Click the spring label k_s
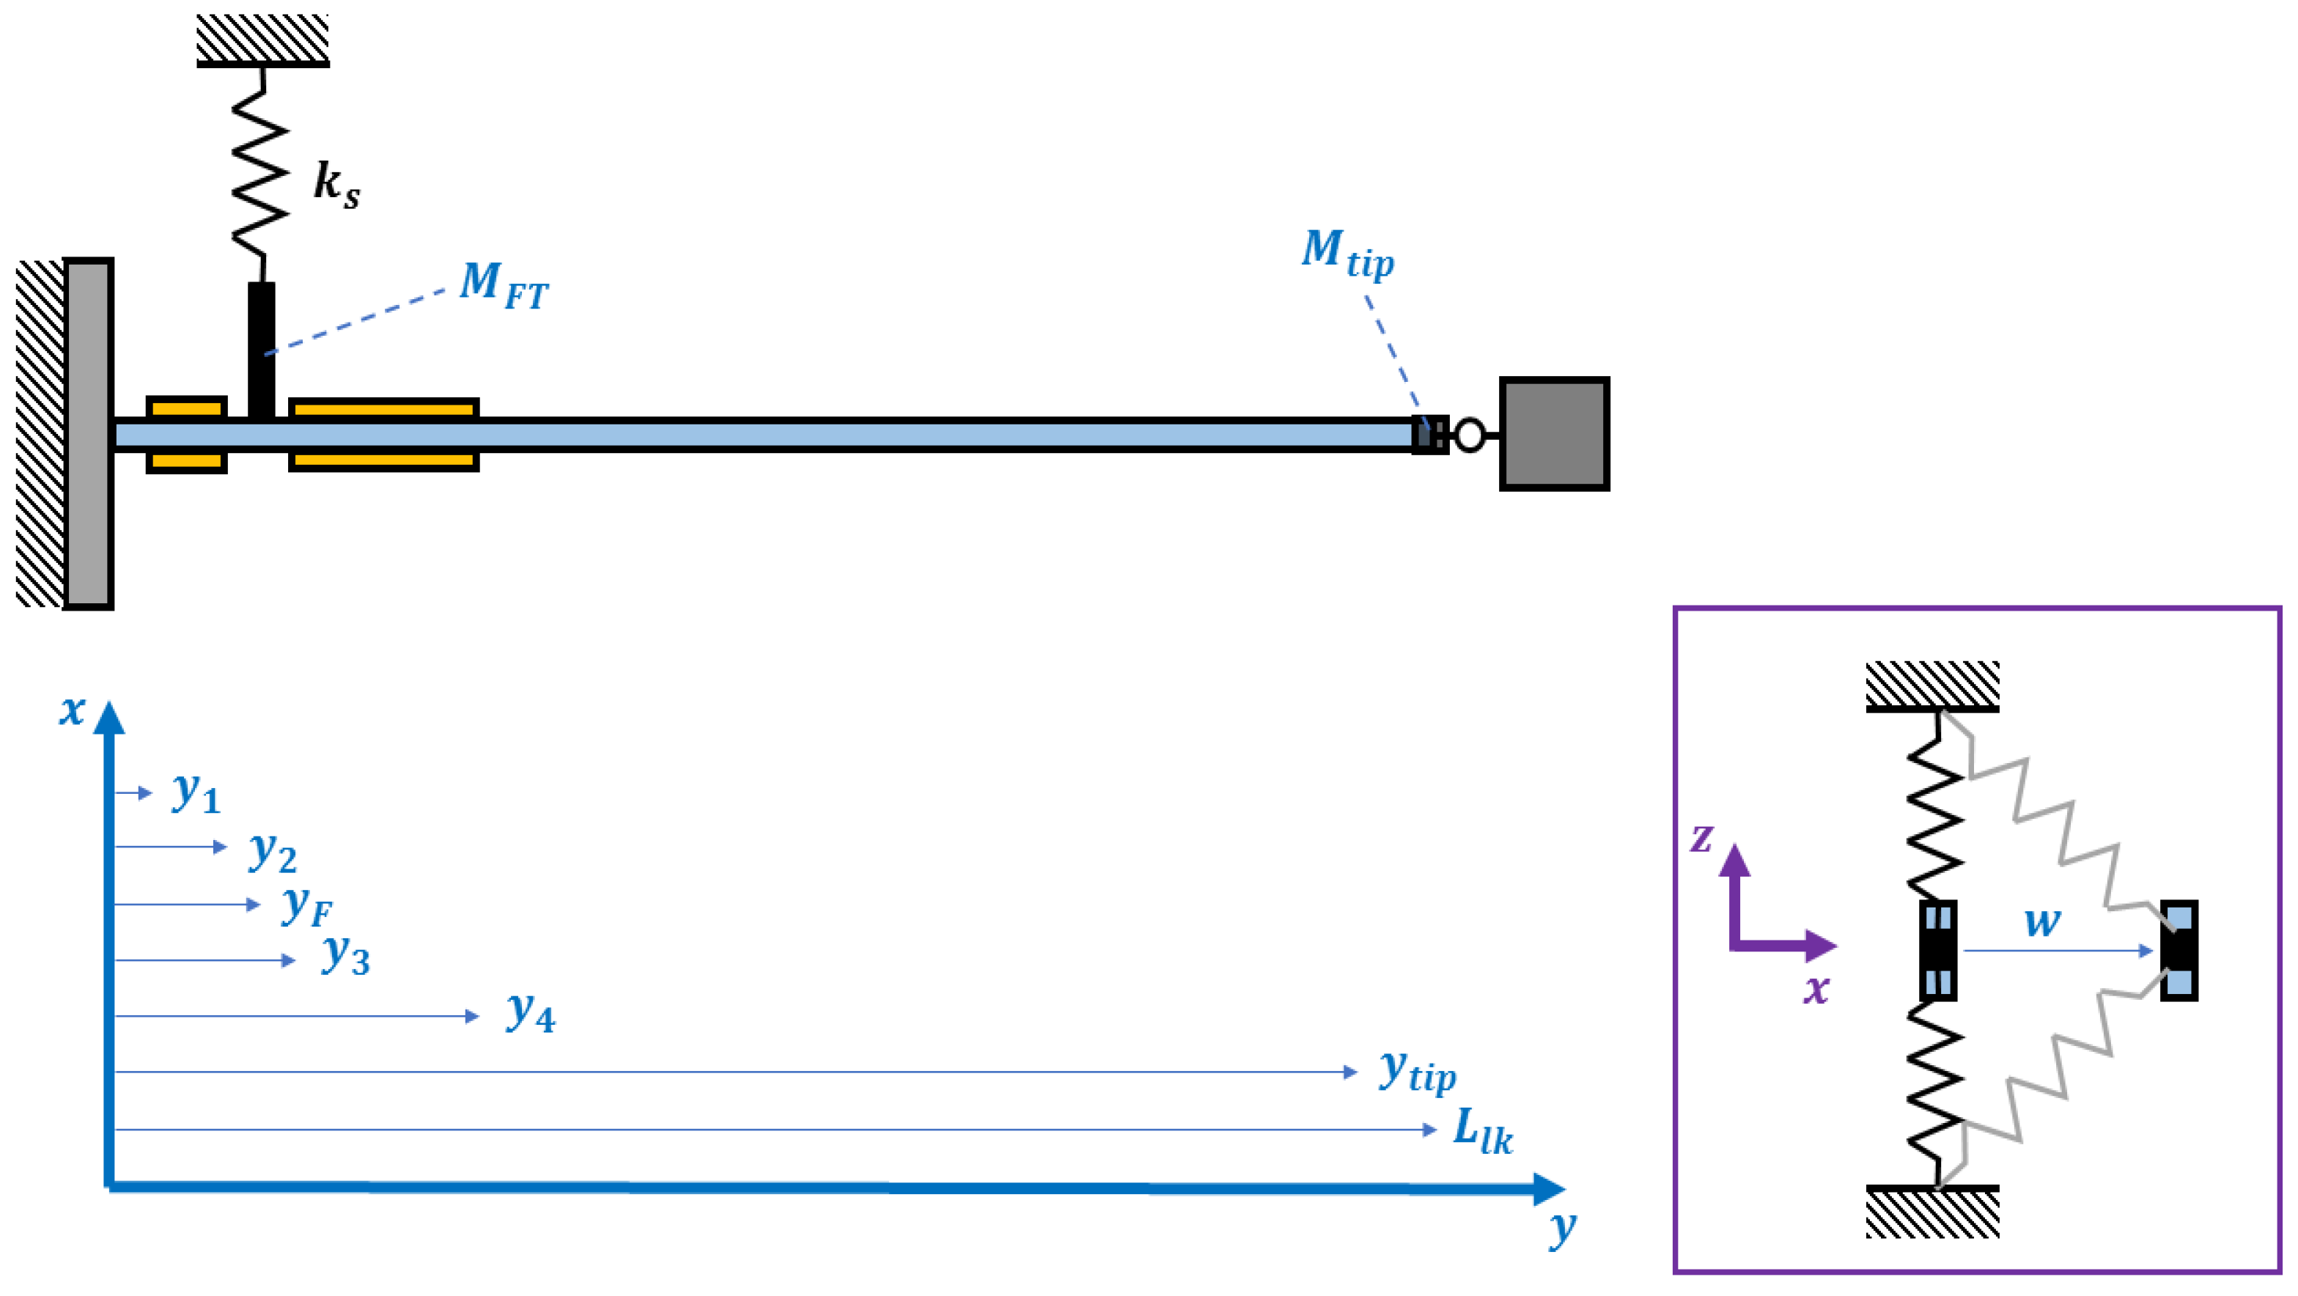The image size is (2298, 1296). (336, 185)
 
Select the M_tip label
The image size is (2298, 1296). (1346, 254)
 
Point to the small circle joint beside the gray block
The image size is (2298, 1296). (1469, 435)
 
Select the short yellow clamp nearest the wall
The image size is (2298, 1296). (186, 435)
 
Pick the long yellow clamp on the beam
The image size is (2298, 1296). (383, 435)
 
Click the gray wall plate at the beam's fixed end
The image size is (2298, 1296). (88, 435)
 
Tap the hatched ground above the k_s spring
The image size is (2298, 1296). (262, 38)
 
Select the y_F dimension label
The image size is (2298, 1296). (306, 906)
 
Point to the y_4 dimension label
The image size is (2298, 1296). (530, 1013)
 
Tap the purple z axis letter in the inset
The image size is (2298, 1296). (1701, 839)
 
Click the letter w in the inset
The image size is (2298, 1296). (2042, 921)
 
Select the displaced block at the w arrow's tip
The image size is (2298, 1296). (2178, 951)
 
